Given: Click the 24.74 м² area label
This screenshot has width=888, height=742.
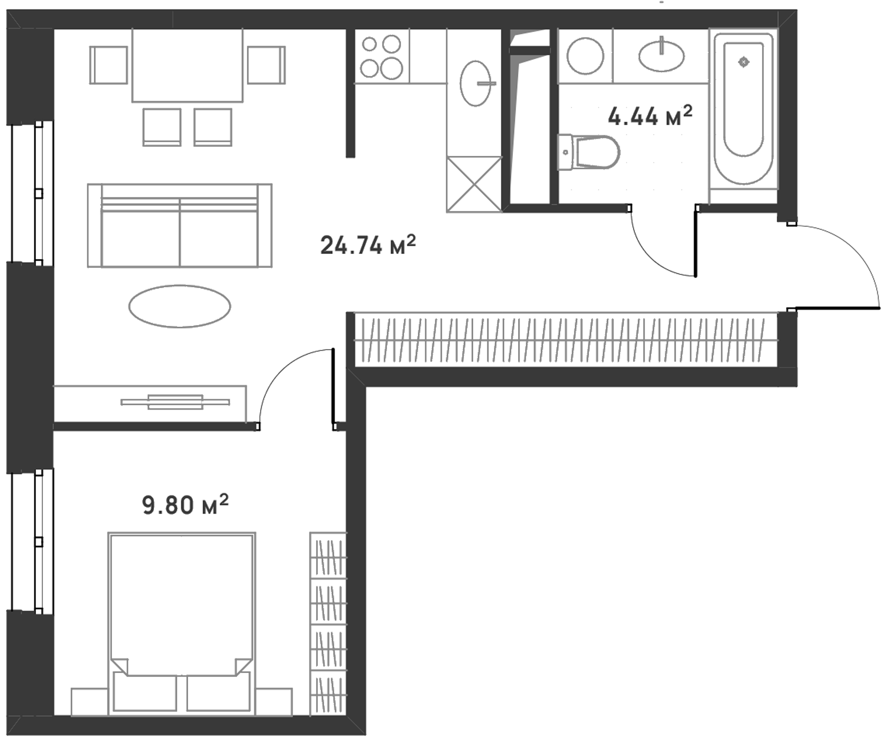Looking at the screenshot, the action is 368,245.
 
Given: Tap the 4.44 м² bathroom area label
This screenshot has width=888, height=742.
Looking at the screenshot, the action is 650,116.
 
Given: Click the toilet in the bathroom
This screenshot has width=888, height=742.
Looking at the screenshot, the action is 589,152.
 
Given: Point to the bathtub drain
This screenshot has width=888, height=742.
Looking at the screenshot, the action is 744,62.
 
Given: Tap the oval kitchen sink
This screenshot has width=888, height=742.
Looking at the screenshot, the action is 475,83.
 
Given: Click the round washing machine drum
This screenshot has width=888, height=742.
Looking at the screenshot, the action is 585,56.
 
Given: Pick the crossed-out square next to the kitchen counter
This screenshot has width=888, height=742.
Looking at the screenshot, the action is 474,184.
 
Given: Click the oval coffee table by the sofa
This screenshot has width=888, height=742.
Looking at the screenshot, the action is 180,306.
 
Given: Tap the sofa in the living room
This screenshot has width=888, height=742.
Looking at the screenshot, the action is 180,225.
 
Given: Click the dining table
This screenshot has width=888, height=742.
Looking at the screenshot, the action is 187,65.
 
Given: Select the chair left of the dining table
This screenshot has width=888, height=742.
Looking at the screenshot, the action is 109,65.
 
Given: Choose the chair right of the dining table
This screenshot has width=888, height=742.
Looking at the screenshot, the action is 266,65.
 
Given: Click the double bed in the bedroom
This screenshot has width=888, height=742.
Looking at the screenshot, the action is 182,624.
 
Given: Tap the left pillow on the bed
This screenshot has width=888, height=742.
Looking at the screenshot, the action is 145,693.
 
